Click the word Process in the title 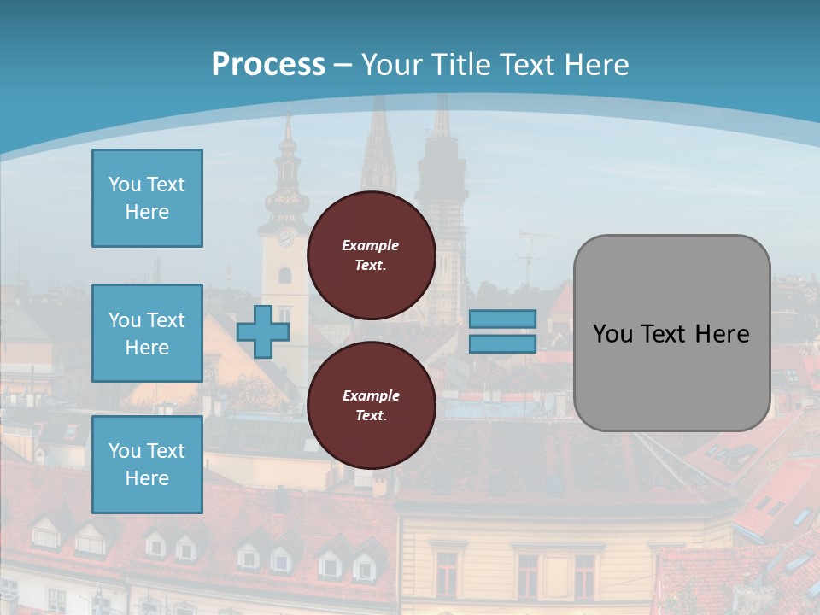[268, 64]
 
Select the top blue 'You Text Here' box [147, 198]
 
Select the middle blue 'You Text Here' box [147, 333]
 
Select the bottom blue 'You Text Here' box [147, 465]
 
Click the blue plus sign [263, 331]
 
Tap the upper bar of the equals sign [503, 319]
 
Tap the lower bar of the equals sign [503, 344]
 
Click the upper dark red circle [371, 255]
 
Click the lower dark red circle [371, 406]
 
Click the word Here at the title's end [596, 64]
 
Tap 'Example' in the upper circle [371, 245]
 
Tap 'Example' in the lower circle [371, 395]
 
